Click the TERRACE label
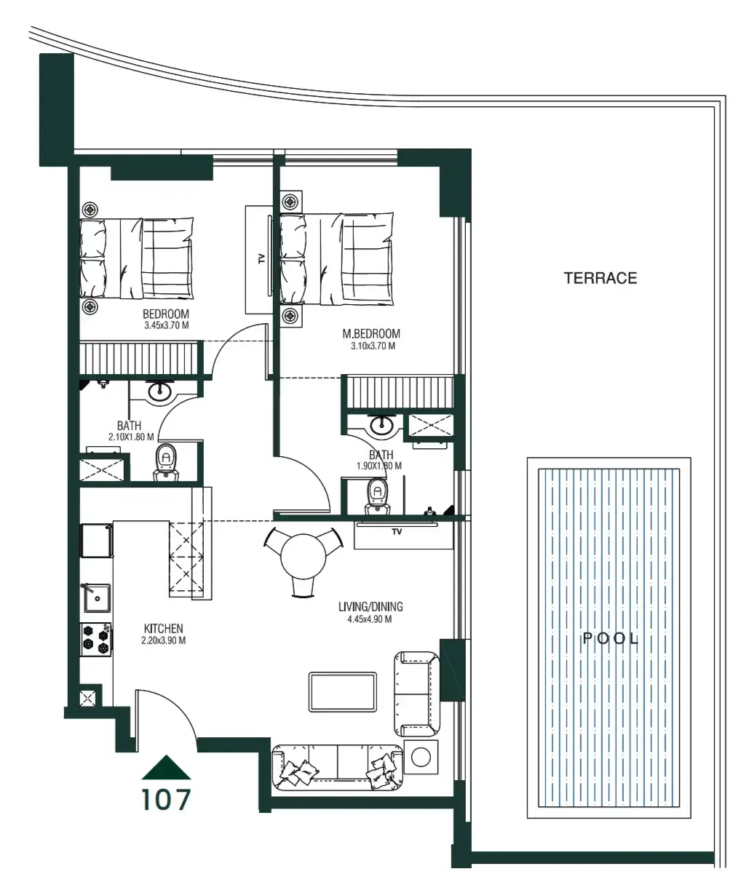coord(601,278)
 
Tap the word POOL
coord(611,639)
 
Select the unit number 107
coord(166,800)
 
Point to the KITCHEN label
coord(163,629)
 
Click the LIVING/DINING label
coord(370,607)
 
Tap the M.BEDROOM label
coord(371,334)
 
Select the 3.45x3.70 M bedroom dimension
coord(167,326)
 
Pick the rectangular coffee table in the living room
coord(343,692)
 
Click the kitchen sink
coord(95,598)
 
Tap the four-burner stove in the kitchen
coord(96,638)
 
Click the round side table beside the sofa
coord(421,758)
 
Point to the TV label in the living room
coord(397,532)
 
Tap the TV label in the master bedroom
coord(261,258)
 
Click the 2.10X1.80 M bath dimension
coord(129,437)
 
